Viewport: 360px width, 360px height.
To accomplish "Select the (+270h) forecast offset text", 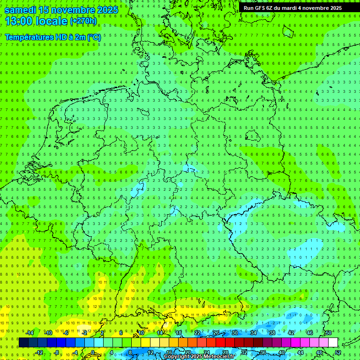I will tap(83, 21).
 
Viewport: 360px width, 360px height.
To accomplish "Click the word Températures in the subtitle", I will tap(29, 37).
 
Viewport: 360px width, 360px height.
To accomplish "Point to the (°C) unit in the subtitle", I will tap(94, 37).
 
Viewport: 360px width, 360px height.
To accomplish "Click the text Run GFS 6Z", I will tap(258, 8).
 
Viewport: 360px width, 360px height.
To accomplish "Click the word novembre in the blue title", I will tap(73, 10).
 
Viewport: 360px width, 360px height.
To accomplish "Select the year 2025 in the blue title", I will tap(107, 10).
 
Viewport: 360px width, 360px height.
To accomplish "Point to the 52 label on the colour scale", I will tap(338, 352).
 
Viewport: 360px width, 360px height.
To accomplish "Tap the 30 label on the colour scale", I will tap(234, 333).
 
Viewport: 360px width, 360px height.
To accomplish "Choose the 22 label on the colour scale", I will tap(197, 333).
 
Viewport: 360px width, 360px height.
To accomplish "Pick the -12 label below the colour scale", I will tap(39, 352).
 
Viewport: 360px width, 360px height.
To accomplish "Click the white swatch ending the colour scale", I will tap(333, 342).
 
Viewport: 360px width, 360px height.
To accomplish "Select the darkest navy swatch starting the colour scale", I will tap(23, 342).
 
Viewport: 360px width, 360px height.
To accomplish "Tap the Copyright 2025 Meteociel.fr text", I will tap(199, 357).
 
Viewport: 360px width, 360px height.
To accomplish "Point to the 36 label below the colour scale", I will tap(263, 352).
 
